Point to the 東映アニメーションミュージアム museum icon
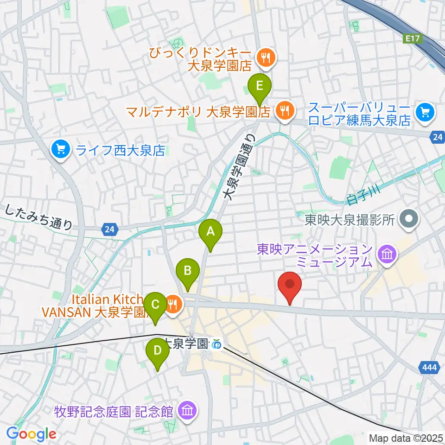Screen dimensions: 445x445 coord(386,254)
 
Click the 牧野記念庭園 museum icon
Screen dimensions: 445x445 coord(187,410)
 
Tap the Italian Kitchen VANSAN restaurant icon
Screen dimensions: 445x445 coord(173,305)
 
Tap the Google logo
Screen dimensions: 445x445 coord(31,433)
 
